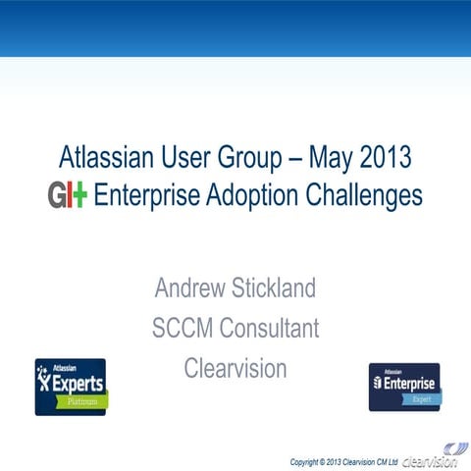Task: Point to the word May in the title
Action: pyautogui.click(x=329, y=158)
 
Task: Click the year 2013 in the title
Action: pyautogui.click(x=386, y=158)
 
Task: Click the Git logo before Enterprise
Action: pyautogui.click(x=68, y=194)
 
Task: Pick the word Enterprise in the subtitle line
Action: pyautogui.click(x=151, y=194)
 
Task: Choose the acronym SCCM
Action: pyautogui.click(x=183, y=328)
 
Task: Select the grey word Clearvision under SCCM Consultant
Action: pyautogui.click(x=235, y=368)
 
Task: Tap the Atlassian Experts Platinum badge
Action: pyautogui.click(x=71, y=387)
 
